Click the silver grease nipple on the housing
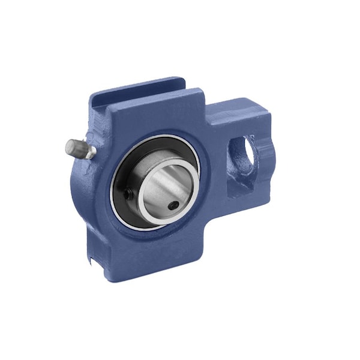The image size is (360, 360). (x=80, y=147)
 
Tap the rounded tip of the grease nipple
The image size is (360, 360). (x=68, y=144)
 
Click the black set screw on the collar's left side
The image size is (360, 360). (x=128, y=193)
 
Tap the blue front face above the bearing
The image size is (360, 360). (x=156, y=117)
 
